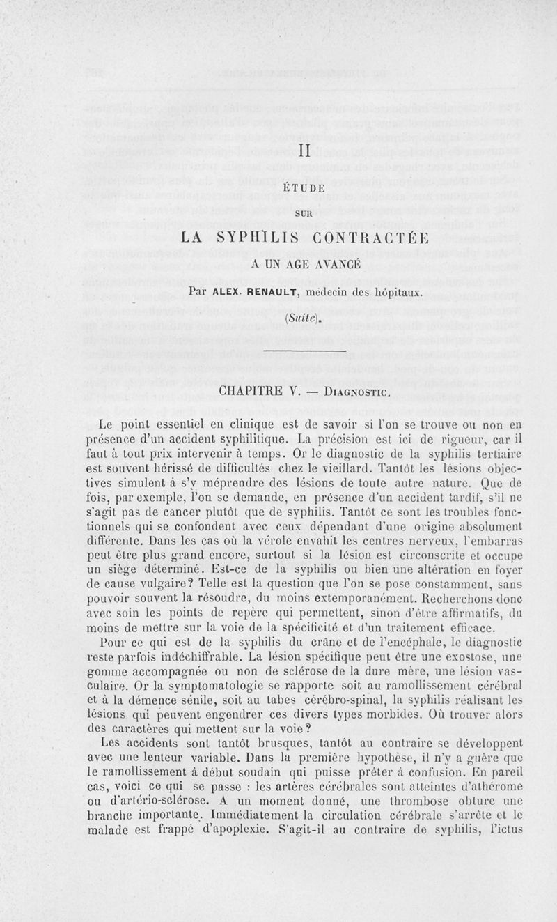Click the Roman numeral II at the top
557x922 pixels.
coord(304,151)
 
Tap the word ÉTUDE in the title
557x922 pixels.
coord(305,187)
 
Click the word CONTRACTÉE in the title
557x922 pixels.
coord(376,237)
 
